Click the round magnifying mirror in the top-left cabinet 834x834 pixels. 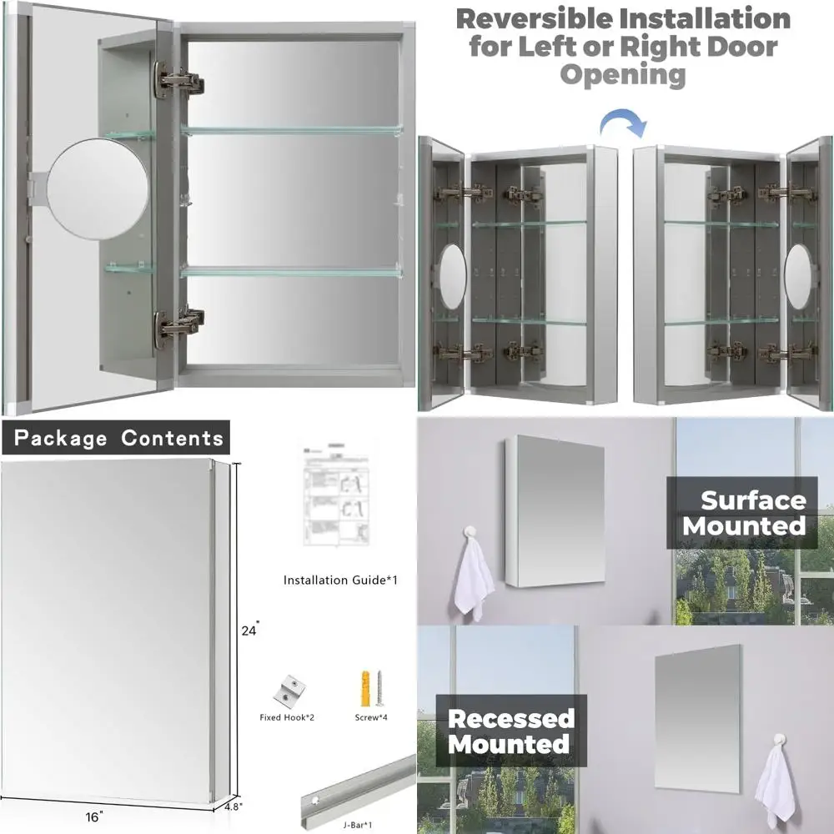(98, 188)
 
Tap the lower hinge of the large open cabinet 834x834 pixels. (178, 324)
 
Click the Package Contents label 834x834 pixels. (118, 438)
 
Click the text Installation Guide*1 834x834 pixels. (340, 580)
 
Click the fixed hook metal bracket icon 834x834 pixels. (288, 689)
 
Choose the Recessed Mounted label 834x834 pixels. (511, 731)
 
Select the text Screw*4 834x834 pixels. (368, 716)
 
